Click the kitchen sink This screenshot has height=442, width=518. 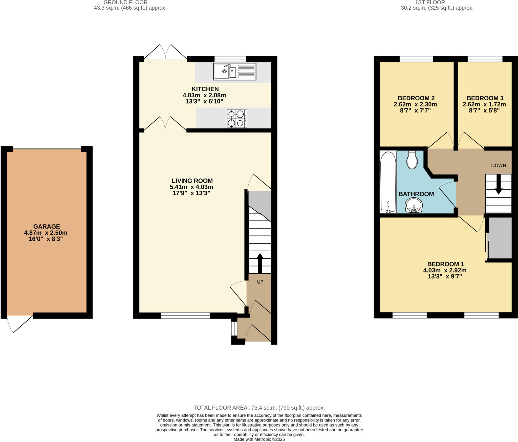click(234, 72)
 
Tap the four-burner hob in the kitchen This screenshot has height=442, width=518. click(237, 119)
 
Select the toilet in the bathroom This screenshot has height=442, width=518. click(412, 160)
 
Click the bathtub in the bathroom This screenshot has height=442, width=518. click(388, 182)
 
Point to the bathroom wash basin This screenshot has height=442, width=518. click(414, 205)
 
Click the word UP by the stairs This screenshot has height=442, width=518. click(260, 282)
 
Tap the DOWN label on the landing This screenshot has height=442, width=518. click(498, 165)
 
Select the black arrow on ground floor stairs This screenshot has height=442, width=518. click(260, 263)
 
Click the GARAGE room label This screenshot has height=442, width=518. click(47, 227)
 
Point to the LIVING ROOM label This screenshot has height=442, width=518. click(192, 181)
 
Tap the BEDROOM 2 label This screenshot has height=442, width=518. click(416, 98)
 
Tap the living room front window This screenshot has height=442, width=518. click(185, 316)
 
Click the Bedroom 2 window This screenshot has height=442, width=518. click(416, 59)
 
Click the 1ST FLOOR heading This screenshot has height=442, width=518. click(437, 3)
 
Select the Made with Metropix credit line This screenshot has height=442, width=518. click(259, 439)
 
